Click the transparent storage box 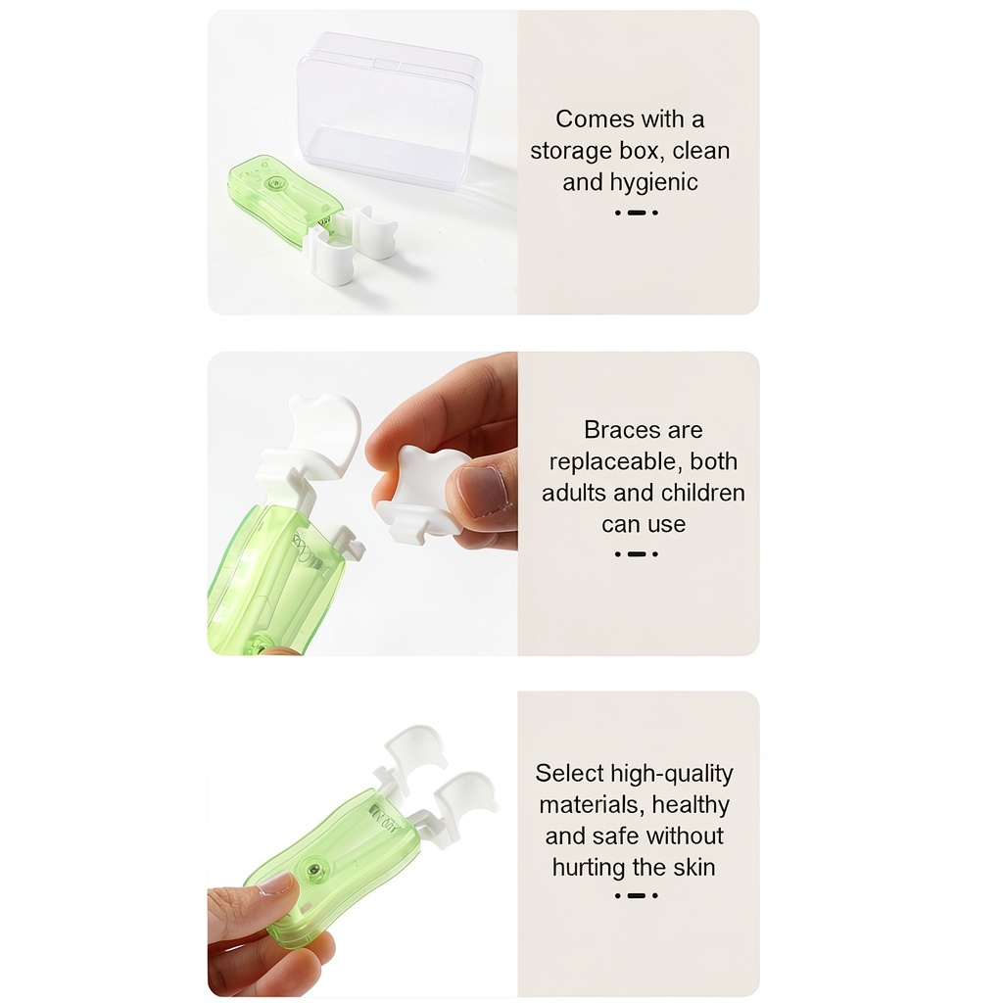pos(389,109)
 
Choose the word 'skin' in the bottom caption pos(693,868)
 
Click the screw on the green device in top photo pos(276,183)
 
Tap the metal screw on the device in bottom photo pos(314,870)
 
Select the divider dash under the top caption pos(637,213)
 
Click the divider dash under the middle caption pos(637,554)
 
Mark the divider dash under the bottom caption pos(637,895)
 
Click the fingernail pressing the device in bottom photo pos(275,884)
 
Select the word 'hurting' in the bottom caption pos(589,868)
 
